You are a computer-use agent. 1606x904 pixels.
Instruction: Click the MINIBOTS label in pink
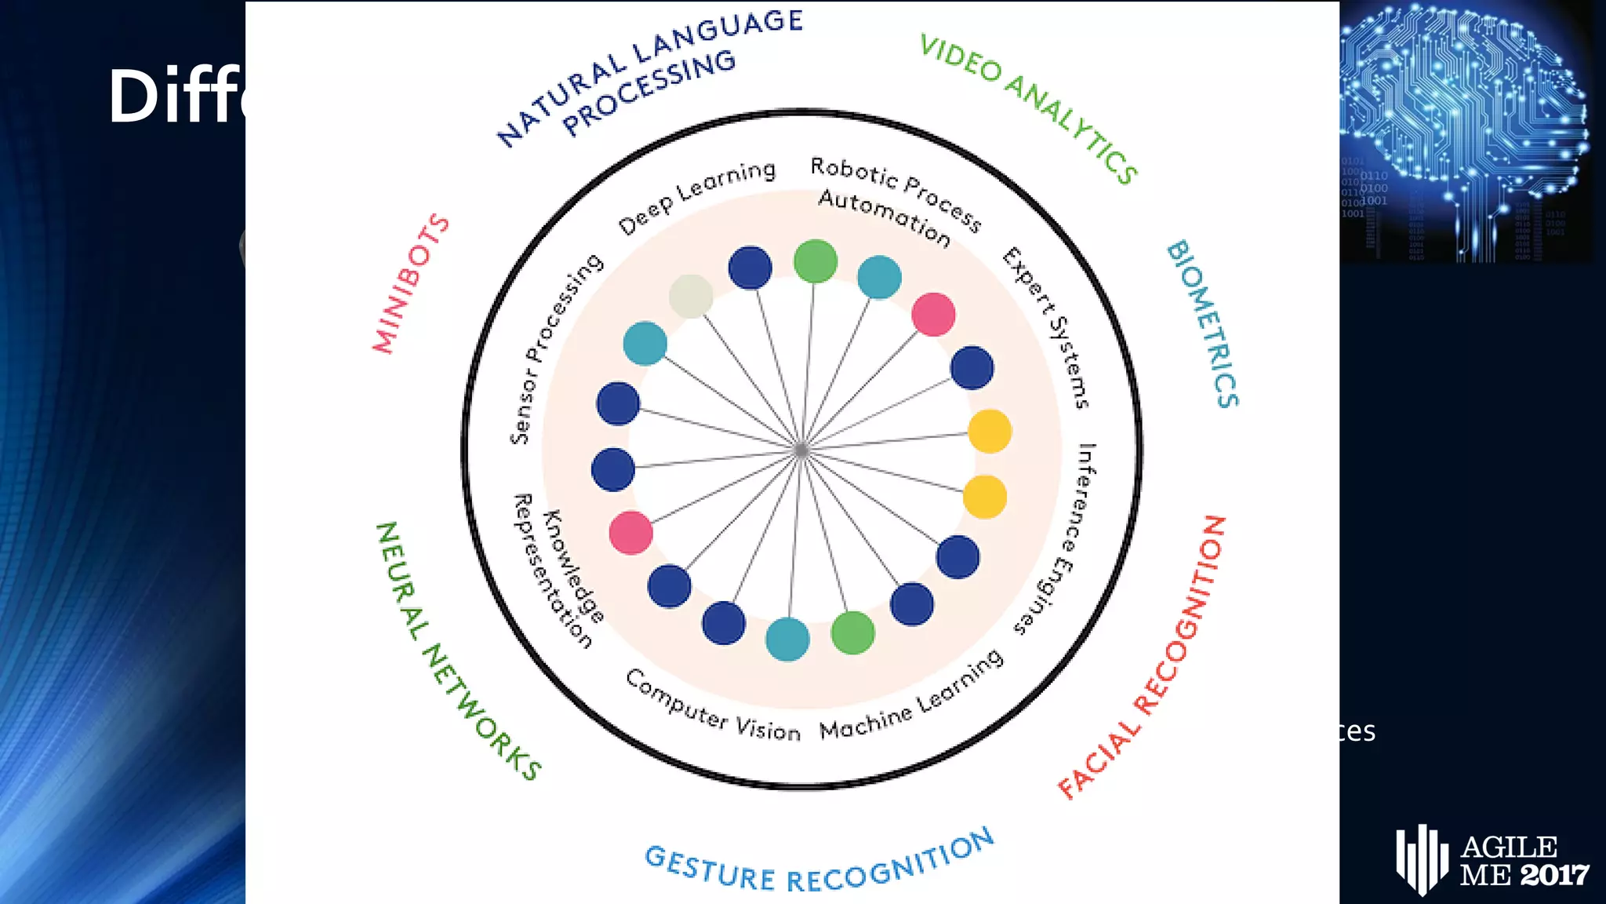click(411, 283)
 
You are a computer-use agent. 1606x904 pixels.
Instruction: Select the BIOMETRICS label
click(1203, 323)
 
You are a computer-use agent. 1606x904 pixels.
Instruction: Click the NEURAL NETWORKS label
click(457, 651)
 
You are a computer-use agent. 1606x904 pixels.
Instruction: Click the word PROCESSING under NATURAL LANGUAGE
click(649, 92)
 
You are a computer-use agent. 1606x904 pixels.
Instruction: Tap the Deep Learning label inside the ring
click(697, 196)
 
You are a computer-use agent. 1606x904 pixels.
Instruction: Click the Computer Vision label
click(713, 706)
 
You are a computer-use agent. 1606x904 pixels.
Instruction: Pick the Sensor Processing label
click(556, 348)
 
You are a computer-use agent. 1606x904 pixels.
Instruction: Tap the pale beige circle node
click(691, 296)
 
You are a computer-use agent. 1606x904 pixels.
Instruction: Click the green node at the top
click(816, 261)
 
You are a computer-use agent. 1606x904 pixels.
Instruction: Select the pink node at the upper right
click(933, 315)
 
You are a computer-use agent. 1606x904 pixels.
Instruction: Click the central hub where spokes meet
click(801, 450)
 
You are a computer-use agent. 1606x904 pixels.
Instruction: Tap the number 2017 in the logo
click(1555, 874)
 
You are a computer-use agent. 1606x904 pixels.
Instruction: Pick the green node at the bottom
click(852, 632)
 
